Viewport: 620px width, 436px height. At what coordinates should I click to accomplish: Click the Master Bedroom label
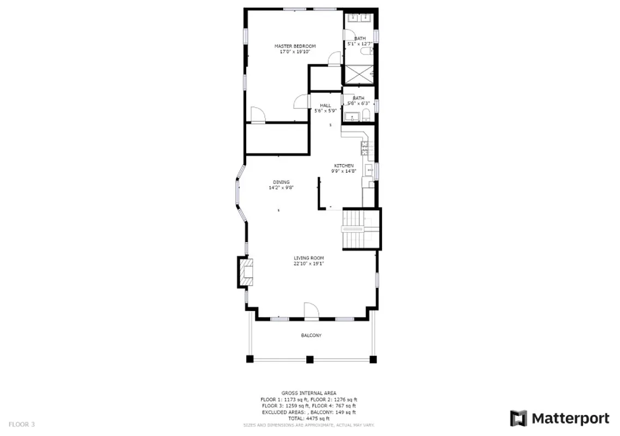tap(295, 46)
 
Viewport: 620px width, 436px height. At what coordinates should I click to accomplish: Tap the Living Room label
tap(309, 258)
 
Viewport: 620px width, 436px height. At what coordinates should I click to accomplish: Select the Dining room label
tap(281, 182)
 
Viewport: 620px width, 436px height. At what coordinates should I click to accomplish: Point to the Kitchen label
tap(344, 166)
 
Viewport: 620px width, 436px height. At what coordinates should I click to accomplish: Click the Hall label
tap(325, 106)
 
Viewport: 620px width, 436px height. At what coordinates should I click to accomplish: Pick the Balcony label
tap(311, 335)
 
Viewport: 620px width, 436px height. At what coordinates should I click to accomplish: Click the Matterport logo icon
tap(519, 419)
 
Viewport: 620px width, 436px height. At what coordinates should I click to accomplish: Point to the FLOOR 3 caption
tap(21, 423)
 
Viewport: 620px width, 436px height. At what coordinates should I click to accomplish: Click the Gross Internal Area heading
tap(308, 392)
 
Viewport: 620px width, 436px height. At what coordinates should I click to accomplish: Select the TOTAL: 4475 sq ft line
tap(308, 418)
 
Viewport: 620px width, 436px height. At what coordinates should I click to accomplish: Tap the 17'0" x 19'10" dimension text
tap(295, 52)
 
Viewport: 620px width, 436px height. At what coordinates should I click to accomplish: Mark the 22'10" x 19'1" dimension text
tap(309, 264)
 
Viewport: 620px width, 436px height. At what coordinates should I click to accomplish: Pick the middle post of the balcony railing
tap(310, 359)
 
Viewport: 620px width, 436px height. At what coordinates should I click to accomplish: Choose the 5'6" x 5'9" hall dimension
tap(325, 111)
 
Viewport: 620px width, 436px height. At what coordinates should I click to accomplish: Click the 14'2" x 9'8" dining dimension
tap(281, 188)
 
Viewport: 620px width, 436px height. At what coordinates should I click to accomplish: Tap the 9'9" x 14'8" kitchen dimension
tap(344, 171)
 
